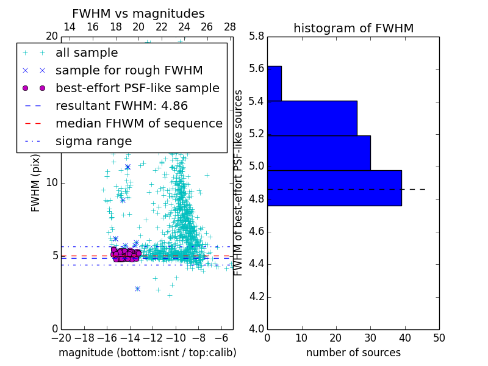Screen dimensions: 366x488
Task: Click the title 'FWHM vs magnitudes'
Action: pyautogui.click(x=138, y=14)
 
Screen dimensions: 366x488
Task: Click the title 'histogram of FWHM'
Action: pyautogui.click(x=353, y=29)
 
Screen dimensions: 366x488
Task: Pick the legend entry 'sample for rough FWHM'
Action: pyautogui.click(x=129, y=71)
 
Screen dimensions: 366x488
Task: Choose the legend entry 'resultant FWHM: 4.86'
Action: pyautogui.click(x=121, y=106)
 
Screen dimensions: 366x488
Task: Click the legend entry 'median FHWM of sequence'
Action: pyautogui.click(x=138, y=123)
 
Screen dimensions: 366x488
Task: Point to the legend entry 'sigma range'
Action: pyautogui.click(x=93, y=142)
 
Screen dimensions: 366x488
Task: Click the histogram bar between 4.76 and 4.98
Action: pyautogui.click(x=334, y=188)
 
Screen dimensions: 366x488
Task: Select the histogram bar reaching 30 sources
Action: pyautogui.click(x=318, y=152)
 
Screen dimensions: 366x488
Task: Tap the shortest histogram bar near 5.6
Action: pyautogui.click(x=274, y=83)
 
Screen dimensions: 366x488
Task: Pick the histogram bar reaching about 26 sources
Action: pyautogui.click(x=312, y=118)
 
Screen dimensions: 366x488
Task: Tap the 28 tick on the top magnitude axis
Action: pyautogui.click(x=230, y=27)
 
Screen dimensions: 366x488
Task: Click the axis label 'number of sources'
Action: pyautogui.click(x=353, y=353)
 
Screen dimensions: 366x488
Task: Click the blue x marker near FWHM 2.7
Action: pyautogui.click(x=137, y=289)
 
